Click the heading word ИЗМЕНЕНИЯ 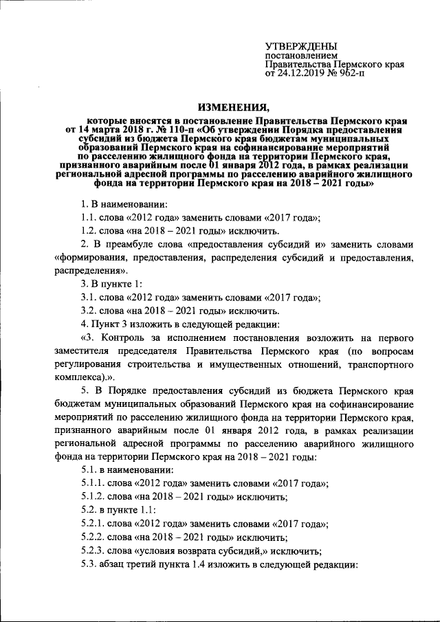234,107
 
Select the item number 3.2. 90,311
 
